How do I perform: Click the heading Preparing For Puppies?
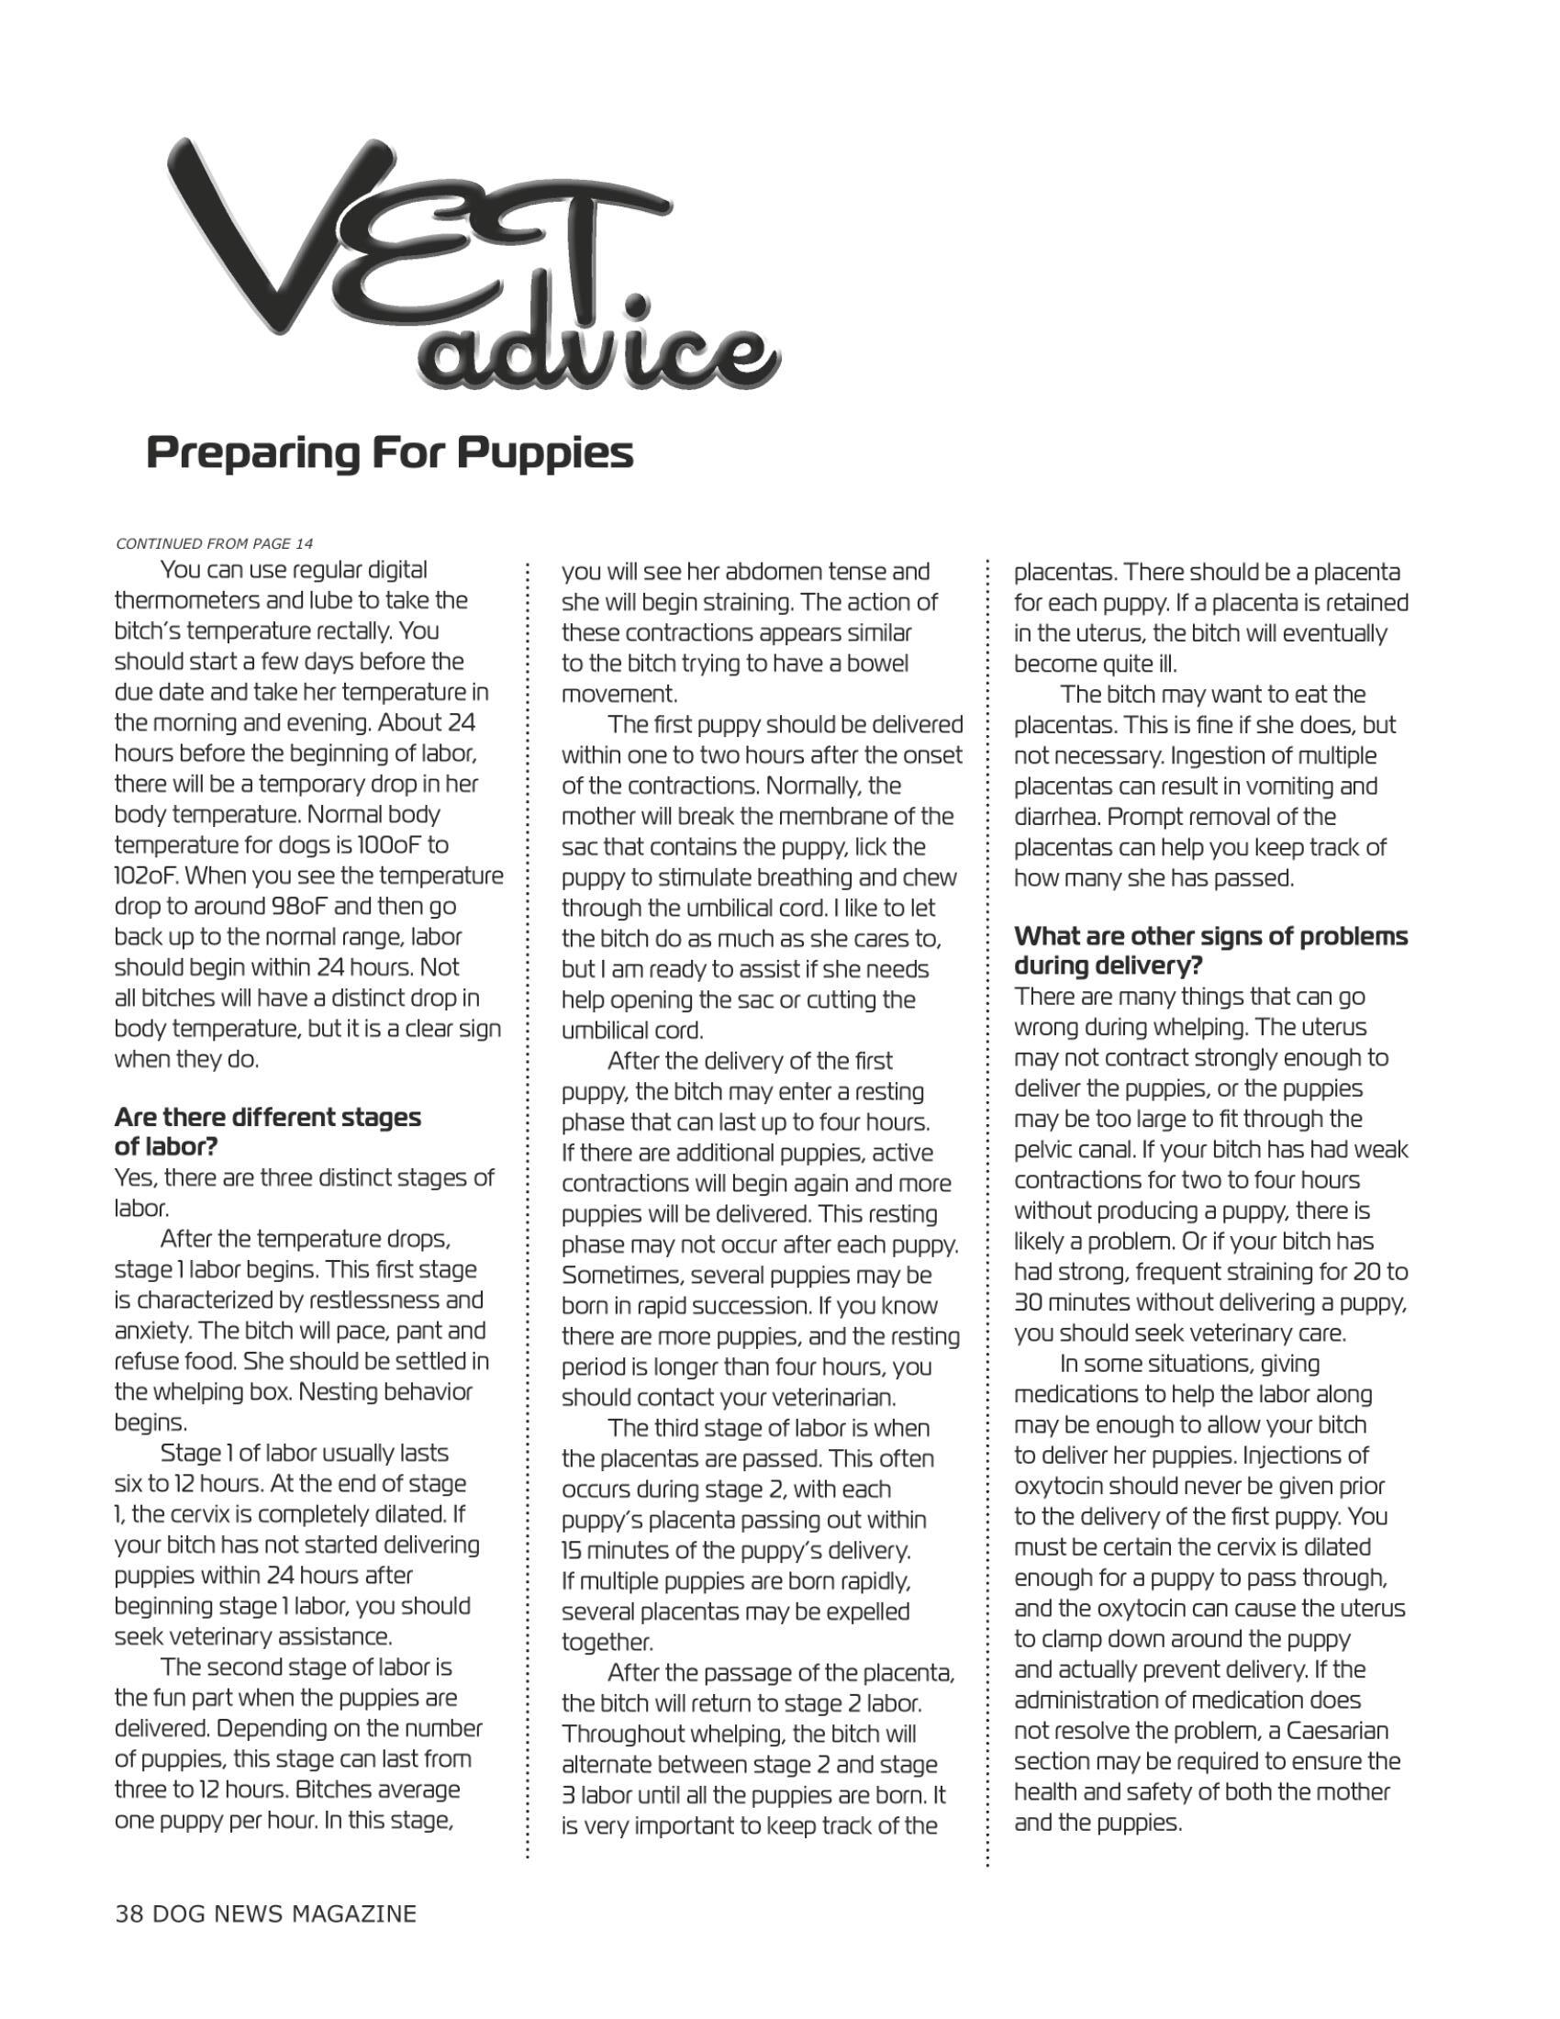390,453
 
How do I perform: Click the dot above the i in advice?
635,305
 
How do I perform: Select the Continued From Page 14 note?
215,542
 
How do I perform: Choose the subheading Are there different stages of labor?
267,1132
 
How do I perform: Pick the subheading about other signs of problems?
1210,951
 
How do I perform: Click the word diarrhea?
1054,817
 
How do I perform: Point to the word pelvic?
1043,1150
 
